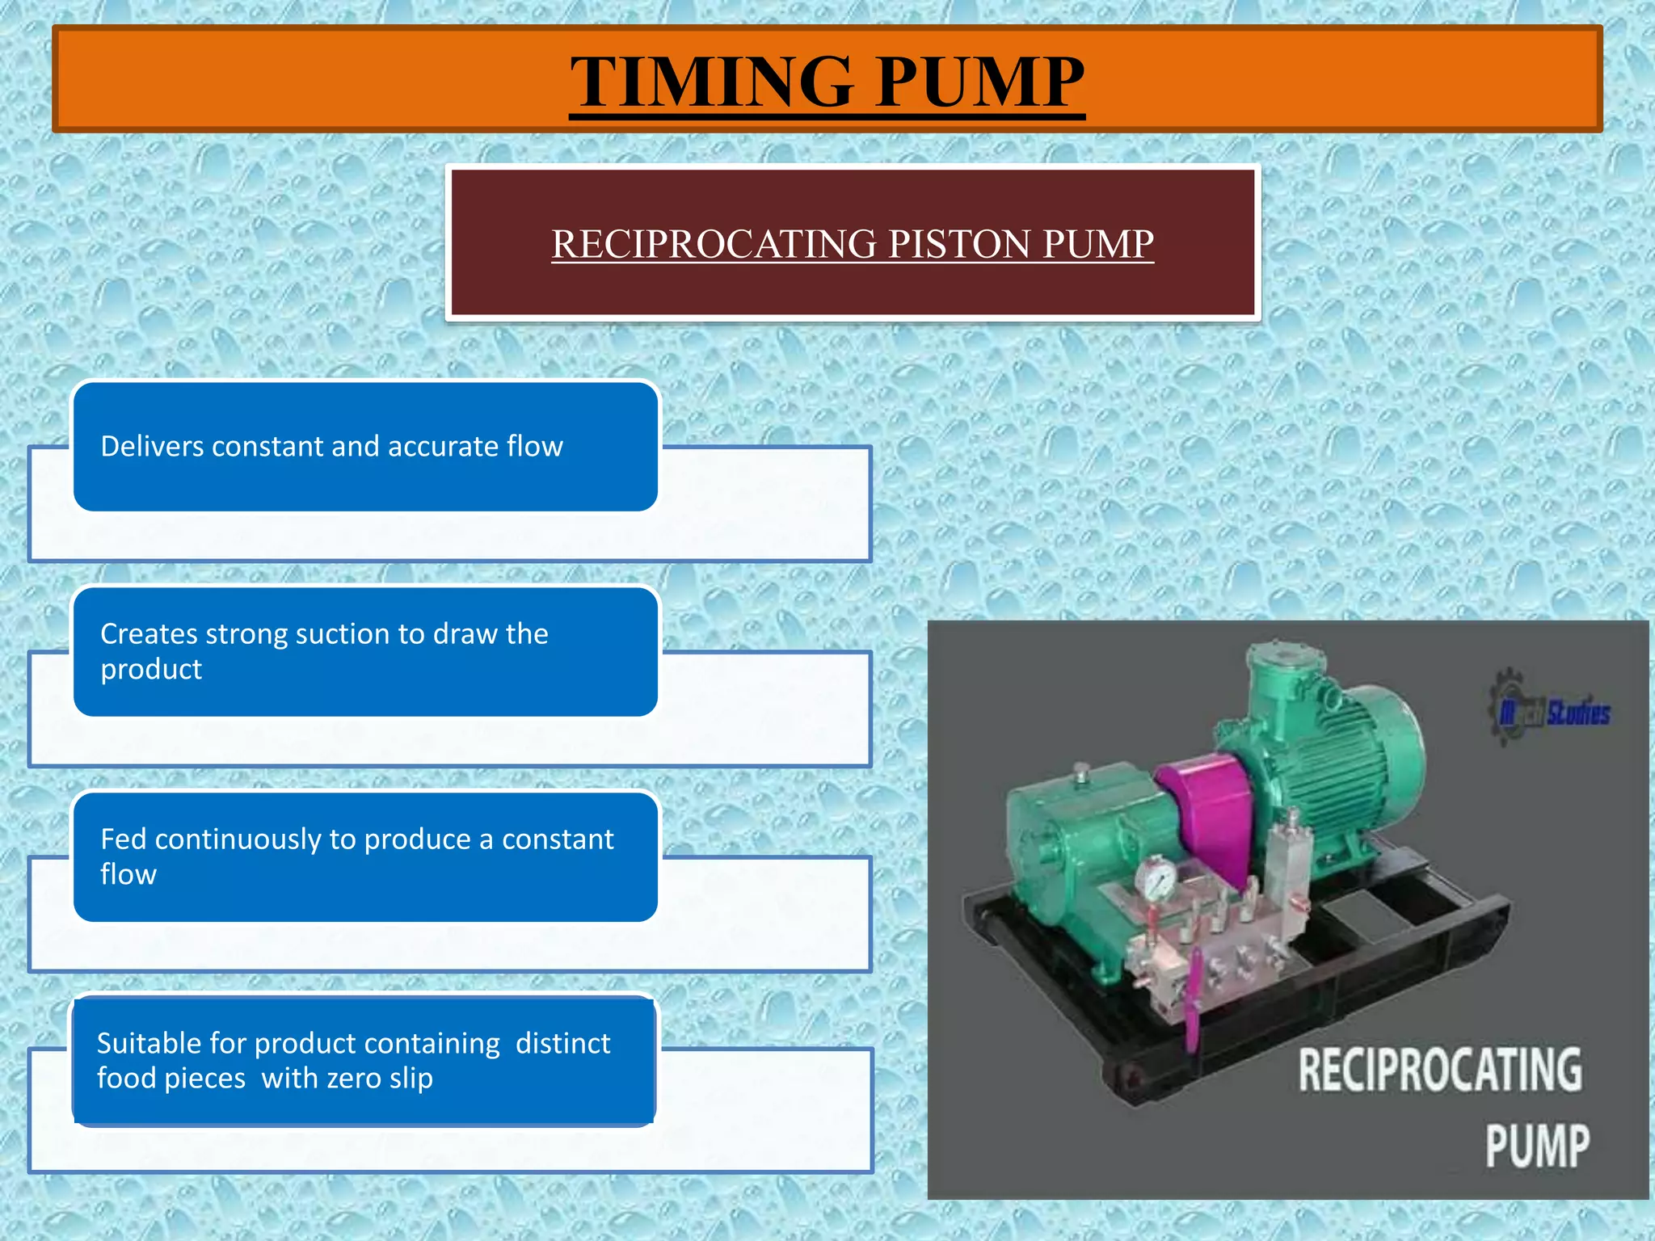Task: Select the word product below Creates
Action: (x=151, y=670)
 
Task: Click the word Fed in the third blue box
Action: (x=123, y=839)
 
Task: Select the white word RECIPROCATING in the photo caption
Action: (x=1439, y=1070)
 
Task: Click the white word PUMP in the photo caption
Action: (x=1537, y=1145)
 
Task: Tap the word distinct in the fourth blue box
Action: (x=562, y=1044)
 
